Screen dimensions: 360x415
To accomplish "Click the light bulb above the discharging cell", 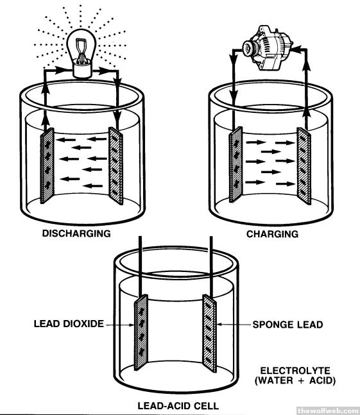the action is [81, 53].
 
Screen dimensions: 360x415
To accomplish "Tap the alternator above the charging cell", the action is [267, 47].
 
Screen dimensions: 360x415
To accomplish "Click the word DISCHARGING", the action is [76, 233].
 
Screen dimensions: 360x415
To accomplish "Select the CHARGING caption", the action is [272, 234].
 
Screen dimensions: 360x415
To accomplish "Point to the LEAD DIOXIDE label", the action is [69, 324].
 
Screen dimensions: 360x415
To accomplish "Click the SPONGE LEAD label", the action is [287, 325].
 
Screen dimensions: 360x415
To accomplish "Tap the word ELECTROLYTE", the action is [295, 371].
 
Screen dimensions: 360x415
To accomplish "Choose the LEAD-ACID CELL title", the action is [178, 406].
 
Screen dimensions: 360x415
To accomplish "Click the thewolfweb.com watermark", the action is [328, 411].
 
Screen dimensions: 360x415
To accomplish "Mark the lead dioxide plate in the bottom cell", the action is [141, 332].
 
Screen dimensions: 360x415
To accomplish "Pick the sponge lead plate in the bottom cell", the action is [209, 334].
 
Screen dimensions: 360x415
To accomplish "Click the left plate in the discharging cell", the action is [47, 165].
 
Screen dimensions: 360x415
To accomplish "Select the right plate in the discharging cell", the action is [116, 166].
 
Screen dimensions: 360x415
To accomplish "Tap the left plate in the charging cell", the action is [236, 165].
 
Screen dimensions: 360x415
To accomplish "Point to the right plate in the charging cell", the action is [304, 166].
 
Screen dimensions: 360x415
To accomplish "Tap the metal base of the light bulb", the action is [82, 70].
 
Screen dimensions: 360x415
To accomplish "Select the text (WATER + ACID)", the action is [295, 380].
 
